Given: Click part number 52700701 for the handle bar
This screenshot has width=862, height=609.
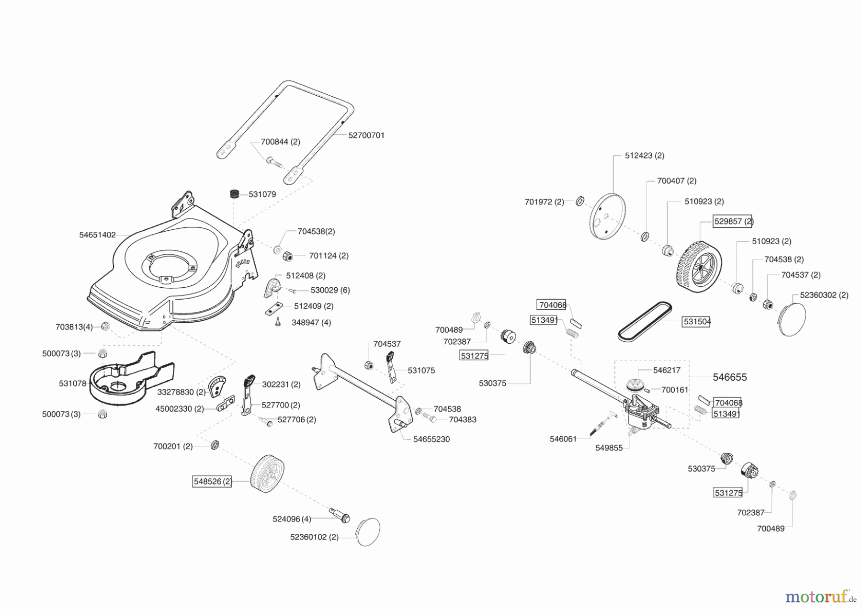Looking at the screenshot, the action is pyautogui.click(x=366, y=135).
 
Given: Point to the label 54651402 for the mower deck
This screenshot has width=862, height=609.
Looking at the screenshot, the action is pyautogui.click(x=98, y=235).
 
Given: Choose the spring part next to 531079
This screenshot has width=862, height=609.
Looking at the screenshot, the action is pyautogui.click(x=234, y=194).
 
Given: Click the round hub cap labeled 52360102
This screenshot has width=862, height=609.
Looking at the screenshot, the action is pyautogui.click(x=368, y=531).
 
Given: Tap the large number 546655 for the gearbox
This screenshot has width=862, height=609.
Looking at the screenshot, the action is pyautogui.click(x=730, y=377).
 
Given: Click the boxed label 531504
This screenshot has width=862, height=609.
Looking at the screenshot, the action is pyautogui.click(x=697, y=322).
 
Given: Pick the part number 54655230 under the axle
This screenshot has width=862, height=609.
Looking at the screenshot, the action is pyautogui.click(x=431, y=440).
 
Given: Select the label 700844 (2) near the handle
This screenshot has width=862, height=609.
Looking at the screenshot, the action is pyautogui.click(x=281, y=142).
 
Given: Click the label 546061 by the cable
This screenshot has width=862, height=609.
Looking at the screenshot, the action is pyautogui.click(x=563, y=439).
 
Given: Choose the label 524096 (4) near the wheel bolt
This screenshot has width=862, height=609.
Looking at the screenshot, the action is pyautogui.click(x=292, y=519).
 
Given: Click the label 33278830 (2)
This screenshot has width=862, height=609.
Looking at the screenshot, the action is pyautogui.click(x=181, y=392).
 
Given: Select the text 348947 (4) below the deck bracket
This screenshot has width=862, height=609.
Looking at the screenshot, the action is pyautogui.click(x=311, y=323).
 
